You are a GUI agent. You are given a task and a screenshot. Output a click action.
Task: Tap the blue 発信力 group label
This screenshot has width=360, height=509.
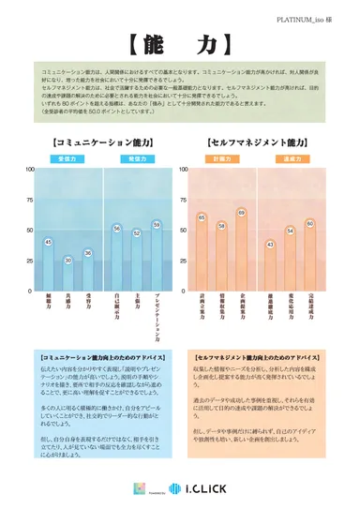coord(137,160)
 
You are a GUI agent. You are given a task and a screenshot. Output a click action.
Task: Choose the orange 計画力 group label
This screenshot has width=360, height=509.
coord(220,160)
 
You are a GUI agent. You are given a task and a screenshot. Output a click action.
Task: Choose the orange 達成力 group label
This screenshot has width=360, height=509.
coord(290,160)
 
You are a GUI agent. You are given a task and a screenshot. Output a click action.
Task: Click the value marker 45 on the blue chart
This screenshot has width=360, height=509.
coord(48,243)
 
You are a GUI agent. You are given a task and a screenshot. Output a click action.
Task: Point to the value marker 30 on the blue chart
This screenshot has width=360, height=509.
coord(67,260)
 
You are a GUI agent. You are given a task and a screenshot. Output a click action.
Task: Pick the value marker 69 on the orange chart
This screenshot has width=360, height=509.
coord(241,213)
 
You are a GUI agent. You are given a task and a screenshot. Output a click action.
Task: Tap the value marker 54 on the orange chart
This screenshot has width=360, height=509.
coord(291,231)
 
